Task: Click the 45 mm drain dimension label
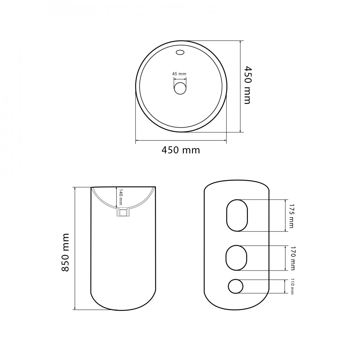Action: pos(179,74)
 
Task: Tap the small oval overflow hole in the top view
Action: pos(180,52)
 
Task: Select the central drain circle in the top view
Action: pos(180,88)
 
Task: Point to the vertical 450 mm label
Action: pos(247,85)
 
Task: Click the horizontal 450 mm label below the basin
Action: pos(181,150)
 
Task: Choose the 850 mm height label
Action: pos(65,253)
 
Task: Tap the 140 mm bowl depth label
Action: pos(121,197)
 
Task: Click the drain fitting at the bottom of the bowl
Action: pos(123,212)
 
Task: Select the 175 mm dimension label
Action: pos(291,216)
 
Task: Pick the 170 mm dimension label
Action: pos(292,258)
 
